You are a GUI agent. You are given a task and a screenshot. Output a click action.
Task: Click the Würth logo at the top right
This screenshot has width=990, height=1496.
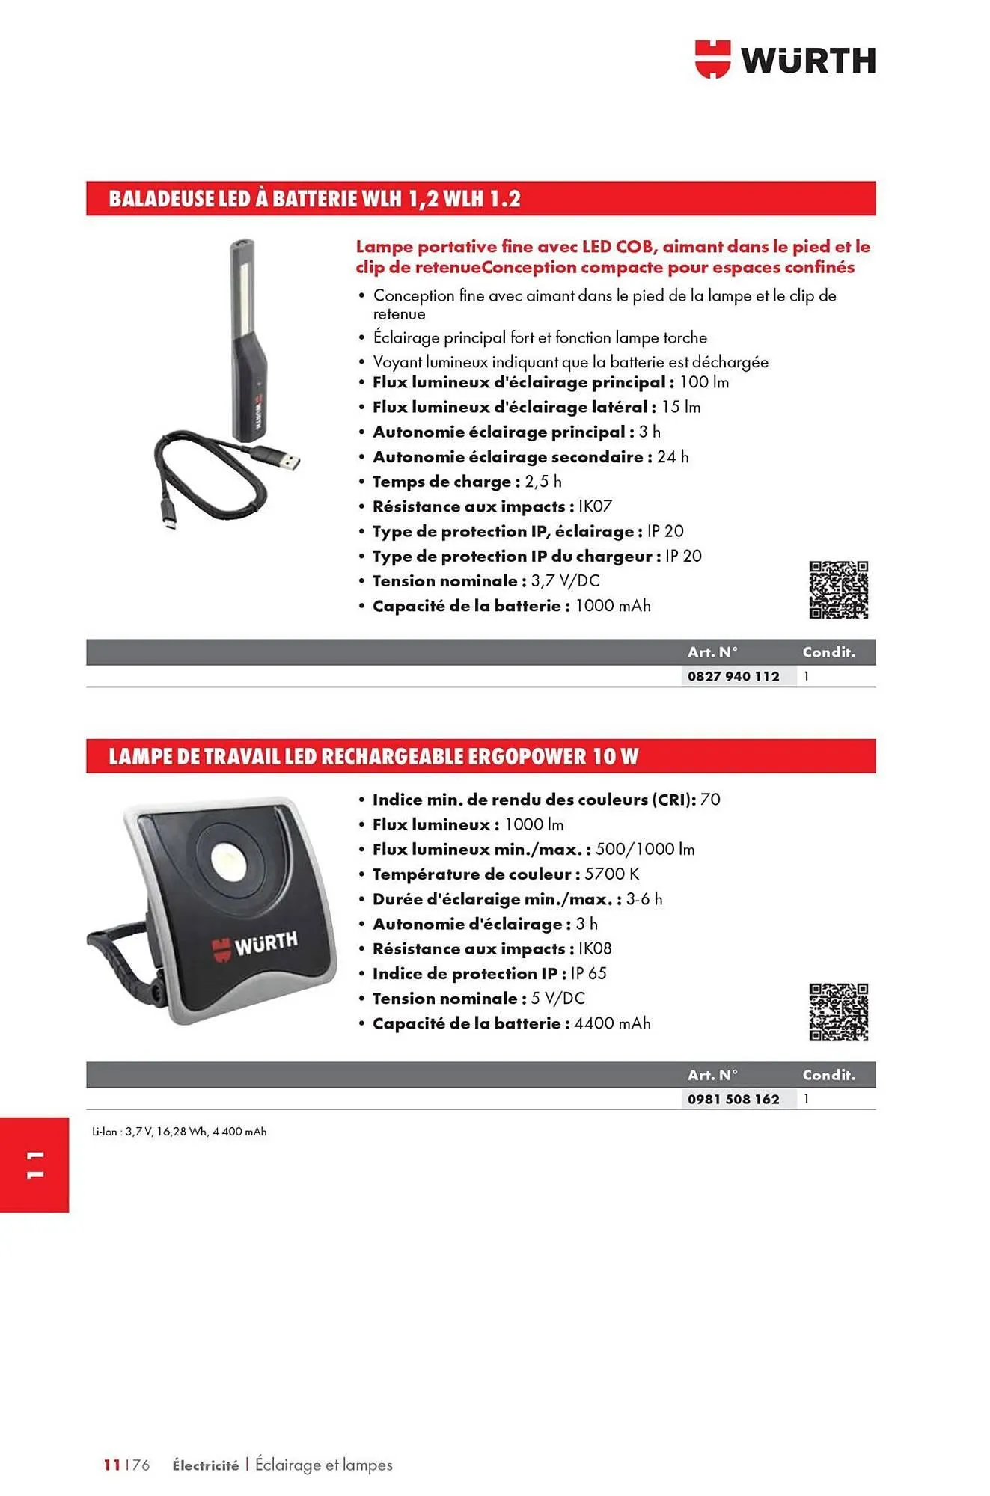pos(785,59)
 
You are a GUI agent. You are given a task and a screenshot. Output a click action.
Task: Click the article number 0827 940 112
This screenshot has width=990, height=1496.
pos(733,676)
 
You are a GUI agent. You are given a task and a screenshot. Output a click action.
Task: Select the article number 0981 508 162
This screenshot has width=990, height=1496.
pos(733,1099)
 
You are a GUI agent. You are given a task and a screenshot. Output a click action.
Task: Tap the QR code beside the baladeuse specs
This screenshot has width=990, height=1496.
pos(838,589)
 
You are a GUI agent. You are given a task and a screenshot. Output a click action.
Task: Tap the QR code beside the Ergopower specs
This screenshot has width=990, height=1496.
pos(838,1012)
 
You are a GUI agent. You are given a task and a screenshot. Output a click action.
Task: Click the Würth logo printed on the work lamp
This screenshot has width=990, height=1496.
pos(254,945)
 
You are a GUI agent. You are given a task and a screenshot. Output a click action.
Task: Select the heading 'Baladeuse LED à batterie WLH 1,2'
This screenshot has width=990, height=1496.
pos(314,199)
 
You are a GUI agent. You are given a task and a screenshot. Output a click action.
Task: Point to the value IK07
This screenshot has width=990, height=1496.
pos(595,506)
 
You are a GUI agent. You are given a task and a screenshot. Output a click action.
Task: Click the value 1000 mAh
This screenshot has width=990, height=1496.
pos(612,606)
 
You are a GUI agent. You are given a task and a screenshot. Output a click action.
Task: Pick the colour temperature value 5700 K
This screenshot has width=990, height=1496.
pos(611,874)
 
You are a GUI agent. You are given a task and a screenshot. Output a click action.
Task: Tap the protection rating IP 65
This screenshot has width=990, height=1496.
pos(588,973)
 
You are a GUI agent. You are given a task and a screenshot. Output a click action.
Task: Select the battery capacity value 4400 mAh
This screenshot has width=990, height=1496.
pos(612,1023)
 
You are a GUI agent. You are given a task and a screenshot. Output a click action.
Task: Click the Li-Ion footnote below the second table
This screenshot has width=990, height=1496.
pos(179,1132)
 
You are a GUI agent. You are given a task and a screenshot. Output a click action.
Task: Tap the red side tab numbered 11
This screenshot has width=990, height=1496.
pos(34,1165)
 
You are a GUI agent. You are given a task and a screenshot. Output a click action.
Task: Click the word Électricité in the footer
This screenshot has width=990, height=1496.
pos(205,1465)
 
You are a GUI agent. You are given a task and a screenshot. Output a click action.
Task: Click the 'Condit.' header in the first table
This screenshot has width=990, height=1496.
pos(828,652)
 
